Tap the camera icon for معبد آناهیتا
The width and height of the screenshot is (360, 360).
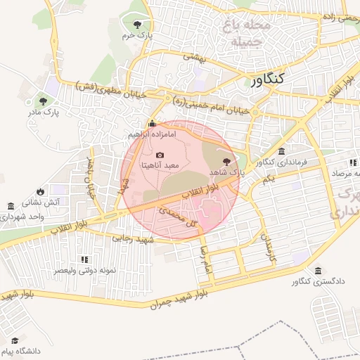(x=160, y=155)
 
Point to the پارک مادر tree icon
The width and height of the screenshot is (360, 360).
(x=44, y=101)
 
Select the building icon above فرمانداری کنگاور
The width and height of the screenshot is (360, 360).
(x=281, y=152)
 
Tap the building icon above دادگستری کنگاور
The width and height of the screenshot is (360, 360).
(x=319, y=271)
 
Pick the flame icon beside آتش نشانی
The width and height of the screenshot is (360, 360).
(x=41, y=191)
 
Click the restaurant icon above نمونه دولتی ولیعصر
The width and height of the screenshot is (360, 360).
(x=85, y=259)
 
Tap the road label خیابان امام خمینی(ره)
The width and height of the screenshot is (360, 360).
(x=211, y=105)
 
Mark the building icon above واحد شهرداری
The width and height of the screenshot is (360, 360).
(x=11, y=206)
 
